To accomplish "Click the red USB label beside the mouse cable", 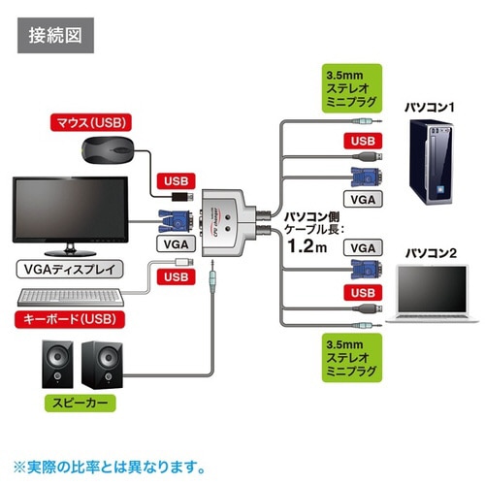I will pos(175,180).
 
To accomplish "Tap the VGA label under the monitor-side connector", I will pos(170,244).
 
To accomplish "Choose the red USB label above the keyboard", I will pos(175,277).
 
